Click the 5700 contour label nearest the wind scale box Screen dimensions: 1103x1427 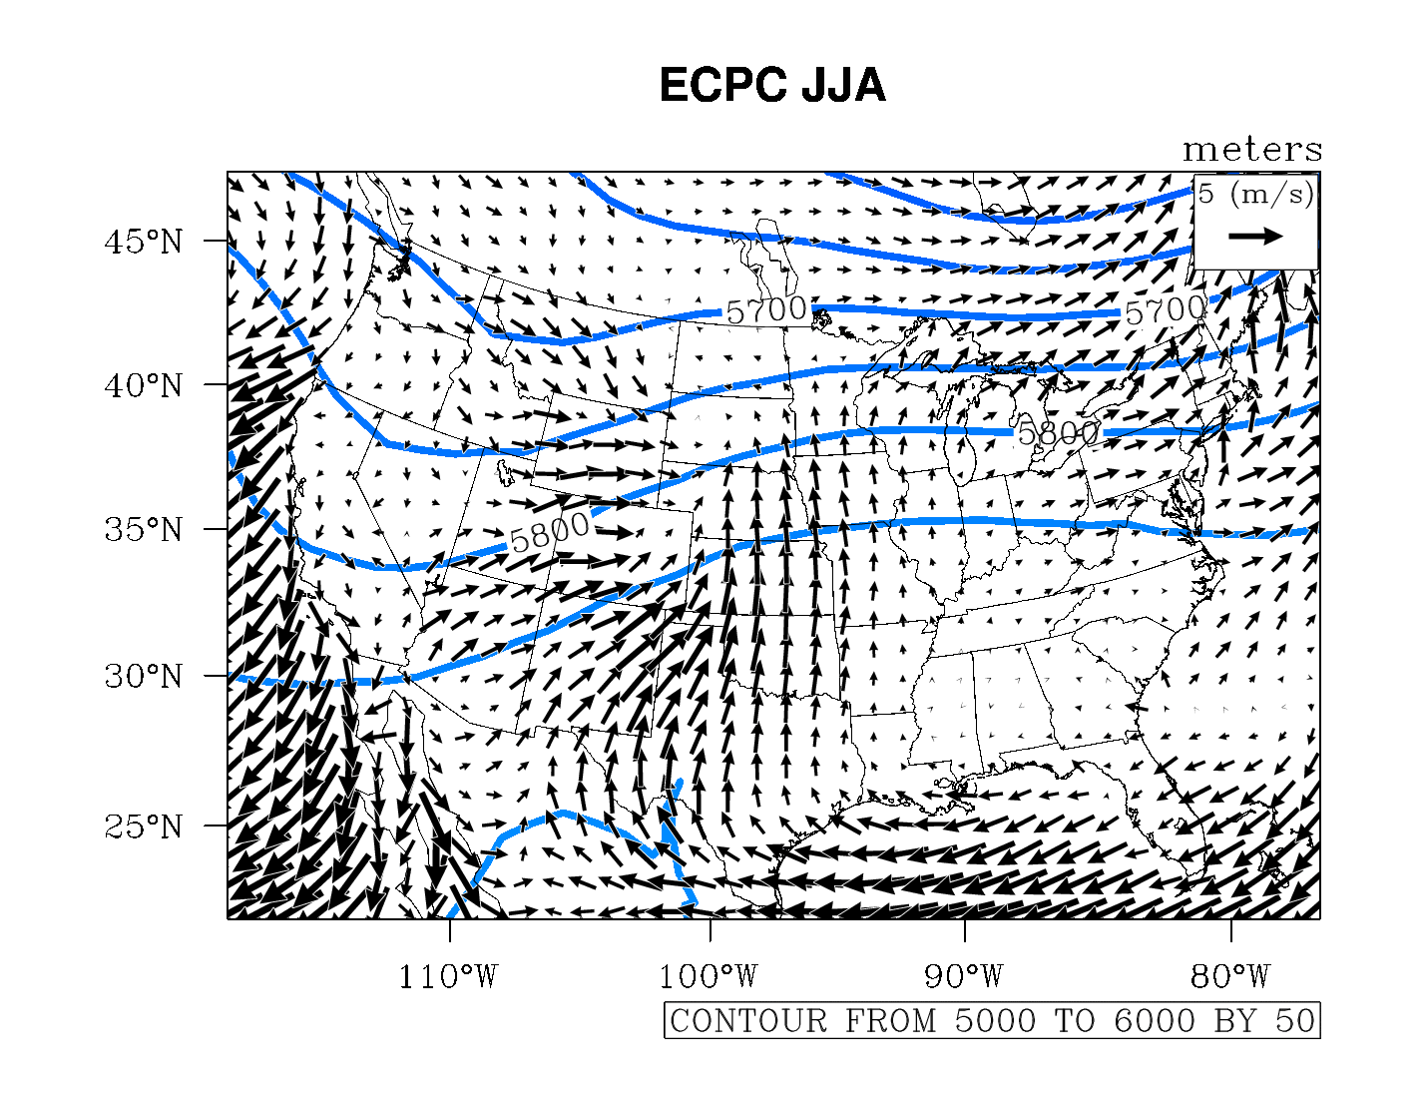1165,311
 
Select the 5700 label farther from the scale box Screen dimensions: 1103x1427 765,310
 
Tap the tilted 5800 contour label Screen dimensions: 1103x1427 550,533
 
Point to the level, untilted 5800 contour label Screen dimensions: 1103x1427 1058,433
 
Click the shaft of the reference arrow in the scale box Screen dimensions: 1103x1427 1246,237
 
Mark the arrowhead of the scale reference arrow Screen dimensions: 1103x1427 1274,237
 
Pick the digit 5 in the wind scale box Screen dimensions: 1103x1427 1206,194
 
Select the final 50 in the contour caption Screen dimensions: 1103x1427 1295,1021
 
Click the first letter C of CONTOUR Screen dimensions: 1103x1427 681,1021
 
